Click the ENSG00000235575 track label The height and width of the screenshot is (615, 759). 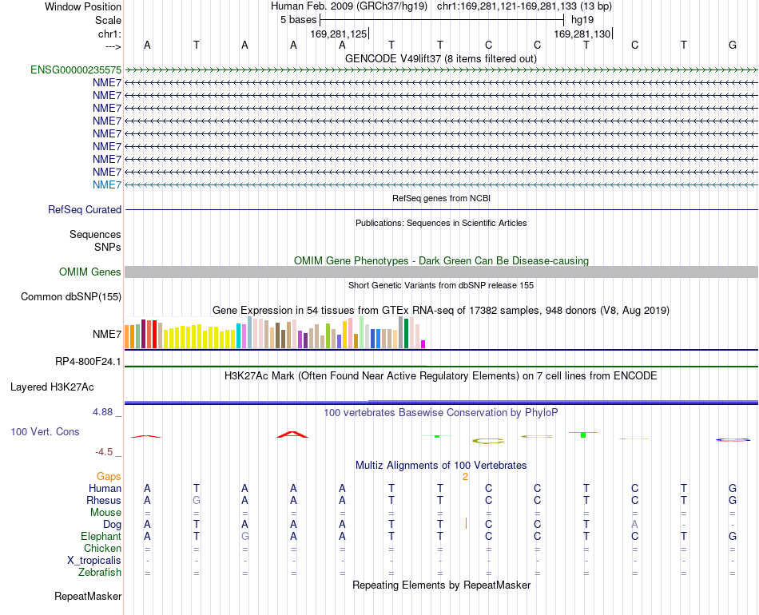tap(76, 69)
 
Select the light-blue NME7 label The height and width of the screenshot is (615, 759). tap(107, 184)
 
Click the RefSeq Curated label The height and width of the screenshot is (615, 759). tap(85, 209)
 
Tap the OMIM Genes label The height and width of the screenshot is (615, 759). tap(90, 272)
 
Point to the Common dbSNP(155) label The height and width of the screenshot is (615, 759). tap(71, 296)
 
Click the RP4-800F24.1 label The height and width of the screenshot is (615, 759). tap(88, 362)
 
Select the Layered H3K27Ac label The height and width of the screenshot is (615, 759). tap(52, 387)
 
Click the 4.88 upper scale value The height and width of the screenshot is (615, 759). tap(102, 412)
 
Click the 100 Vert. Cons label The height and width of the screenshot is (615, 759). tap(45, 431)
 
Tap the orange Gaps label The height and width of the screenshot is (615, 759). tap(109, 477)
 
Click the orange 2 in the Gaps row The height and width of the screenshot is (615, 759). tap(465, 477)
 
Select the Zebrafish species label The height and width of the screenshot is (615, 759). tap(100, 573)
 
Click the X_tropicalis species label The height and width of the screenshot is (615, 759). tap(94, 561)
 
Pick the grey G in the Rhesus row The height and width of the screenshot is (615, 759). tap(196, 500)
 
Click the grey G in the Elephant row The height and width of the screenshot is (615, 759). tap(245, 536)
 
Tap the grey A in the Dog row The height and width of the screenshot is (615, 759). tap(634, 524)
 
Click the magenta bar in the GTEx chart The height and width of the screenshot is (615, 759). tap(423, 344)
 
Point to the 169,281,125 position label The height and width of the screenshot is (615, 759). tap(339, 34)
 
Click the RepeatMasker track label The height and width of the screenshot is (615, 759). tap(88, 596)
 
